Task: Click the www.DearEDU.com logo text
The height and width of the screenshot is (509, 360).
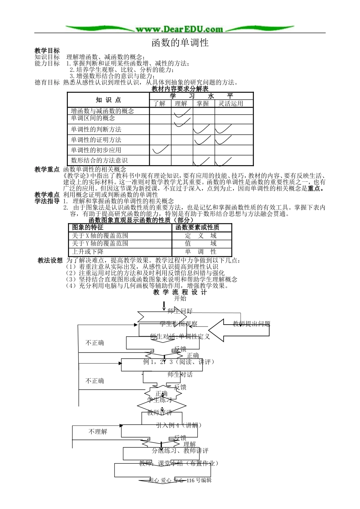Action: point(180,29)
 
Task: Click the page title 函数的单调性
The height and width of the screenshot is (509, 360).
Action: point(180,42)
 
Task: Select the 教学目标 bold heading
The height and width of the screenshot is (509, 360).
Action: point(47,51)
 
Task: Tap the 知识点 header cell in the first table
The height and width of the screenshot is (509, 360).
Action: point(108,100)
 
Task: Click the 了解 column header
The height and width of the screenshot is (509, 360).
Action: point(160,103)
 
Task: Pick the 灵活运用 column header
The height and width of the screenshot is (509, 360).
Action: point(231,103)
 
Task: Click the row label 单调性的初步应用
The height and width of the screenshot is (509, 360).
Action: point(96,150)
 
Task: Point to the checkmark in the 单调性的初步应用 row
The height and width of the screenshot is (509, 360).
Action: point(160,150)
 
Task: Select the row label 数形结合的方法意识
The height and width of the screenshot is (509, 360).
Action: point(99,161)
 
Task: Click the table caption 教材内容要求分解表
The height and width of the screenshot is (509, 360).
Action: point(180,89)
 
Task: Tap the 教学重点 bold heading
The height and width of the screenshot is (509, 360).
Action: point(47,170)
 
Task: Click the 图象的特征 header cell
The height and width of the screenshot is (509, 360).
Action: point(88,227)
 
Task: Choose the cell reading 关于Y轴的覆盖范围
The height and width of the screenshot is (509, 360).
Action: point(100,244)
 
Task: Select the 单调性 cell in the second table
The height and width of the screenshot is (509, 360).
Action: point(201,251)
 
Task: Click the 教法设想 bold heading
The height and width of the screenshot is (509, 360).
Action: point(50,261)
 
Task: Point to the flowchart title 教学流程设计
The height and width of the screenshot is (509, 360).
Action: point(180,292)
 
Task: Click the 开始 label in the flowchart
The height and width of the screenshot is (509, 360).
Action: point(180,298)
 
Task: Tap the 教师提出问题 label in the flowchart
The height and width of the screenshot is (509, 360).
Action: point(251,324)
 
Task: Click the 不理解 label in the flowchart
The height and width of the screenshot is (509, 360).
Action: point(98,432)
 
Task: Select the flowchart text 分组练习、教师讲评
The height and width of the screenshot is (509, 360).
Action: point(180,451)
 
